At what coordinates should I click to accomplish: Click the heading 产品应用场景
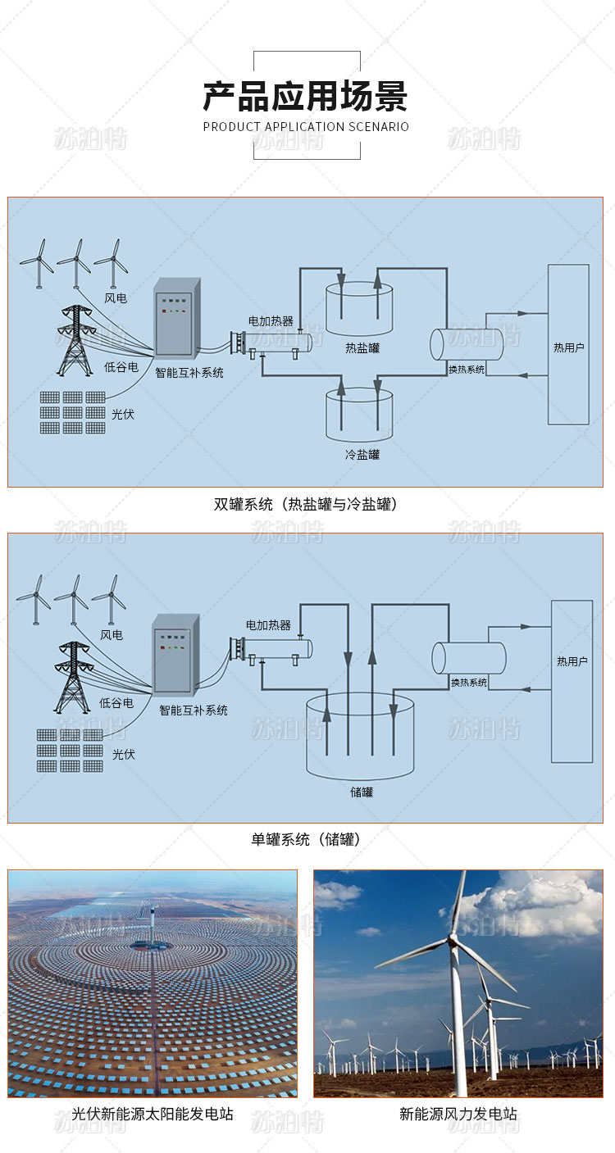click(x=306, y=97)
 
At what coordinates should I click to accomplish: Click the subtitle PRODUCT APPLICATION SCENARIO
click(x=306, y=127)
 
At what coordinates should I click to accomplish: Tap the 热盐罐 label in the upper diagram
click(x=362, y=347)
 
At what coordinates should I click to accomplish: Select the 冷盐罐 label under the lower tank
click(x=362, y=454)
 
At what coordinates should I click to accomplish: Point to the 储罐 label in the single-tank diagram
click(x=361, y=792)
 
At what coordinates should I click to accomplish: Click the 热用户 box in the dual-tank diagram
click(x=568, y=345)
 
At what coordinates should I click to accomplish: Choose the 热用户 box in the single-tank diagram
click(x=572, y=682)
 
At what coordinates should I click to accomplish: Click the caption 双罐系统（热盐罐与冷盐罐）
click(x=306, y=505)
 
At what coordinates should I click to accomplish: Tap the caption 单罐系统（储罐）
click(x=306, y=839)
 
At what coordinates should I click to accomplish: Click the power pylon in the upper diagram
click(x=75, y=340)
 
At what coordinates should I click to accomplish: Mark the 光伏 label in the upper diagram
click(x=123, y=415)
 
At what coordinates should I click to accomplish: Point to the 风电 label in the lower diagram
click(x=112, y=635)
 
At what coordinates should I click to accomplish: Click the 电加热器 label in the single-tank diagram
click(x=269, y=625)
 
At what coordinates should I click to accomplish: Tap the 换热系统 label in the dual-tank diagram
click(x=467, y=370)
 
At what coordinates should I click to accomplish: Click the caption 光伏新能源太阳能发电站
click(x=153, y=1114)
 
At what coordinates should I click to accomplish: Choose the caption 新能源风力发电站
click(x=458, y=1114)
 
